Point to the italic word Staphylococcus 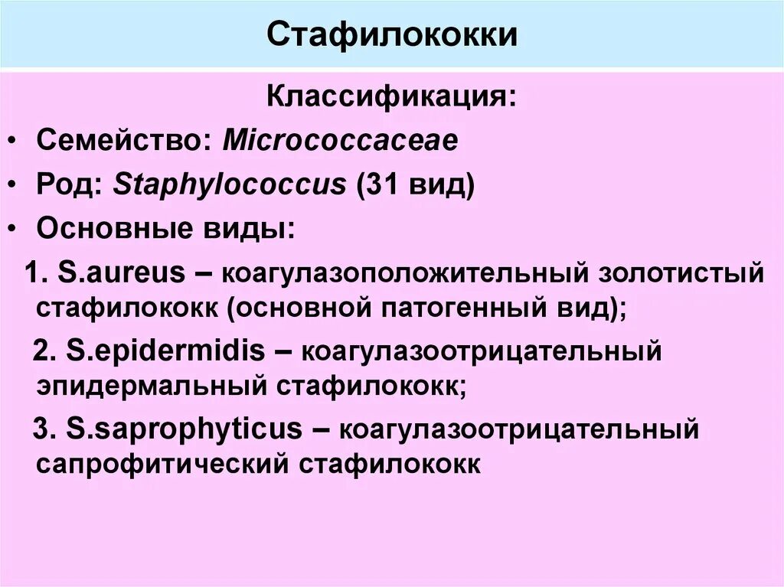tap(230, 186)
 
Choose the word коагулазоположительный tap(406, 273)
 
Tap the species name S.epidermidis tap(165, 351)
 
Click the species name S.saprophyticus tap(185, 429)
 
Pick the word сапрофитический tap(162, 465)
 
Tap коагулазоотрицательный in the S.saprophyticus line tap(519, 430)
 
